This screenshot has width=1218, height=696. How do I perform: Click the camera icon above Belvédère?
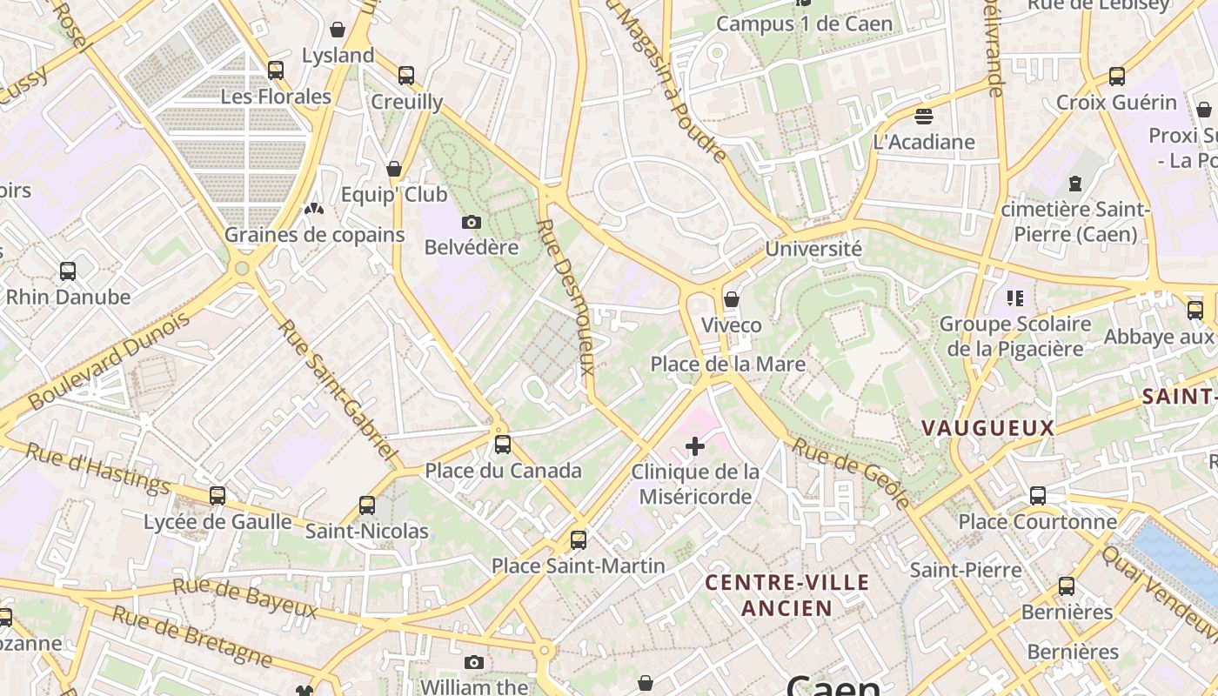[x=472, y=223]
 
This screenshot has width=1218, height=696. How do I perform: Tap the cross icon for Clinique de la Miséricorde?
[x=694, y=447]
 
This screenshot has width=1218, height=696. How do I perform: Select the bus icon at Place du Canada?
[x=502, y=445]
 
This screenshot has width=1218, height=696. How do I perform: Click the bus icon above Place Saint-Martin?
[x=579, y=540]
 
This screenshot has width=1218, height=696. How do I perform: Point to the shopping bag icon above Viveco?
[x=732, y=300]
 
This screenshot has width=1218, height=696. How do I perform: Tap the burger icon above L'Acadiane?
[x=924, y=116]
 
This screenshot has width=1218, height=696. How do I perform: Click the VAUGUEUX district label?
[x=987, y=428]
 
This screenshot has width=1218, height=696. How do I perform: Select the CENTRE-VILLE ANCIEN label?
[x=787, y=595]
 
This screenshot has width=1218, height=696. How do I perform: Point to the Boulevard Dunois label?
[x=109, y=362]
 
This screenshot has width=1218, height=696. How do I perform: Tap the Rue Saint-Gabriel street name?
[x=338, y=391]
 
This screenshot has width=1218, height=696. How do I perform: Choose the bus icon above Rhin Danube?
[x=68, y=271]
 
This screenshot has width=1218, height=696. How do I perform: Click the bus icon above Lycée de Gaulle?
[x=217, y=496]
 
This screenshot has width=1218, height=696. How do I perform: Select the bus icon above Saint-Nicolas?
[x=367, y=505]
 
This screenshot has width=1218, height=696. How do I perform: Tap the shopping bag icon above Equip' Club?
[x=394, y=169]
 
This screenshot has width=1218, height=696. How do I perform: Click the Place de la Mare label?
[x=727, y=364]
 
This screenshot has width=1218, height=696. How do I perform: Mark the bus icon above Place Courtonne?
[x=1037, y=496]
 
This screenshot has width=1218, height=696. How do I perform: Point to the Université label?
[x=813, y=249]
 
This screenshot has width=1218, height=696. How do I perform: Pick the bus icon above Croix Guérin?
[x=1116, y=77]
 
